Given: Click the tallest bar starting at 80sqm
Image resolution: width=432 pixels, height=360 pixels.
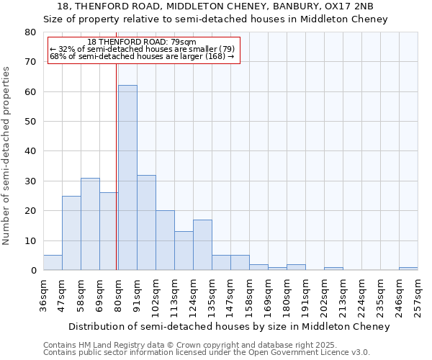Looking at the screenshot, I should pos(127,178).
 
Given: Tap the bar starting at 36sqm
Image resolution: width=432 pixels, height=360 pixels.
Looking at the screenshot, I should pos(53,263).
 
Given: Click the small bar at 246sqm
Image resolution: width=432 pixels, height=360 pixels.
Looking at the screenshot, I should pos(408,269).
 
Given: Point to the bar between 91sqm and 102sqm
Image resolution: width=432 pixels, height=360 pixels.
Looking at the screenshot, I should pos(146,222).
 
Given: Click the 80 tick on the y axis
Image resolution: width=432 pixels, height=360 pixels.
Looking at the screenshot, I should pos(30,32).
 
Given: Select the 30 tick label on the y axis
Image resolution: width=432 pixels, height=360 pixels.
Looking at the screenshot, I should pos(30,181).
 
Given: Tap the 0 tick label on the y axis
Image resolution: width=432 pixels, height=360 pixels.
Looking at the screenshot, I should pos(33,271).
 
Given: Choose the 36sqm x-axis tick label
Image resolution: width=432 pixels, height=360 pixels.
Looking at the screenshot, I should pos(44,292).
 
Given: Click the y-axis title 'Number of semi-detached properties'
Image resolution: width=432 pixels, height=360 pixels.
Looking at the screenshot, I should pos(6,155).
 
